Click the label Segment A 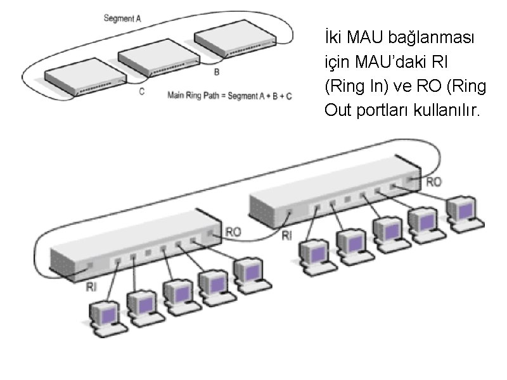(122, 18)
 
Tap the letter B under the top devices (217, 72)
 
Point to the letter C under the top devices (141, 91)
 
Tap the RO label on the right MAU (434, 182)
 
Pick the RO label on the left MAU (233, 232)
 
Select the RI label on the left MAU (91, 286)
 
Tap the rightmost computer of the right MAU (463, 212)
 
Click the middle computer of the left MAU (177, 295)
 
